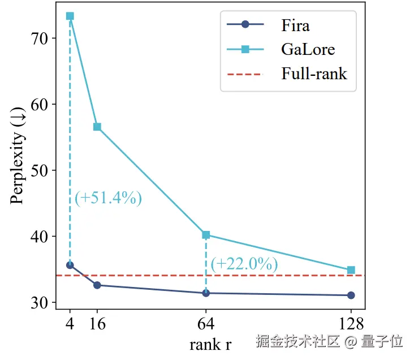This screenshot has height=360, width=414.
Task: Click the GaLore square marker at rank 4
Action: point(70,16)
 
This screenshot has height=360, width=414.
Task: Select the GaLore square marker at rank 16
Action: point(97,127)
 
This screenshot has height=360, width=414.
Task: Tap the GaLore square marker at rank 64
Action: point(206,235)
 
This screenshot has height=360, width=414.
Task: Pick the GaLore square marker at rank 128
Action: point(351,270)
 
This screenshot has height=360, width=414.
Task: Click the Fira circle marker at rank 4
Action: point(70,265)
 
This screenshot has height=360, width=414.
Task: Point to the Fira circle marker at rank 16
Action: point(97,285)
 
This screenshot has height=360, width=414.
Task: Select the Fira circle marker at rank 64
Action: point(206,293)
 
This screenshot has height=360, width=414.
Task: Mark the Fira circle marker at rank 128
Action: point(351,295)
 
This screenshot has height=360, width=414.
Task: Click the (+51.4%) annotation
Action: point(108,198)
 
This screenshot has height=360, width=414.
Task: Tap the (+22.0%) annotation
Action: point(244,264)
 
